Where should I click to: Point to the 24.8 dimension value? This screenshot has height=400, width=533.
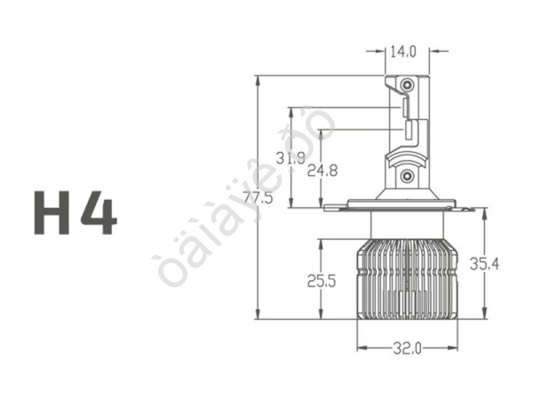[x=321, y=171]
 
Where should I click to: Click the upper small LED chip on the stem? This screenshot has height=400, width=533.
[x=404, y=108]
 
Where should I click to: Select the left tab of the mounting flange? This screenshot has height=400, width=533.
[x=336, y=207]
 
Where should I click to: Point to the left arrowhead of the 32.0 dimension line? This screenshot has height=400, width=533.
[x=361, y=348]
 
